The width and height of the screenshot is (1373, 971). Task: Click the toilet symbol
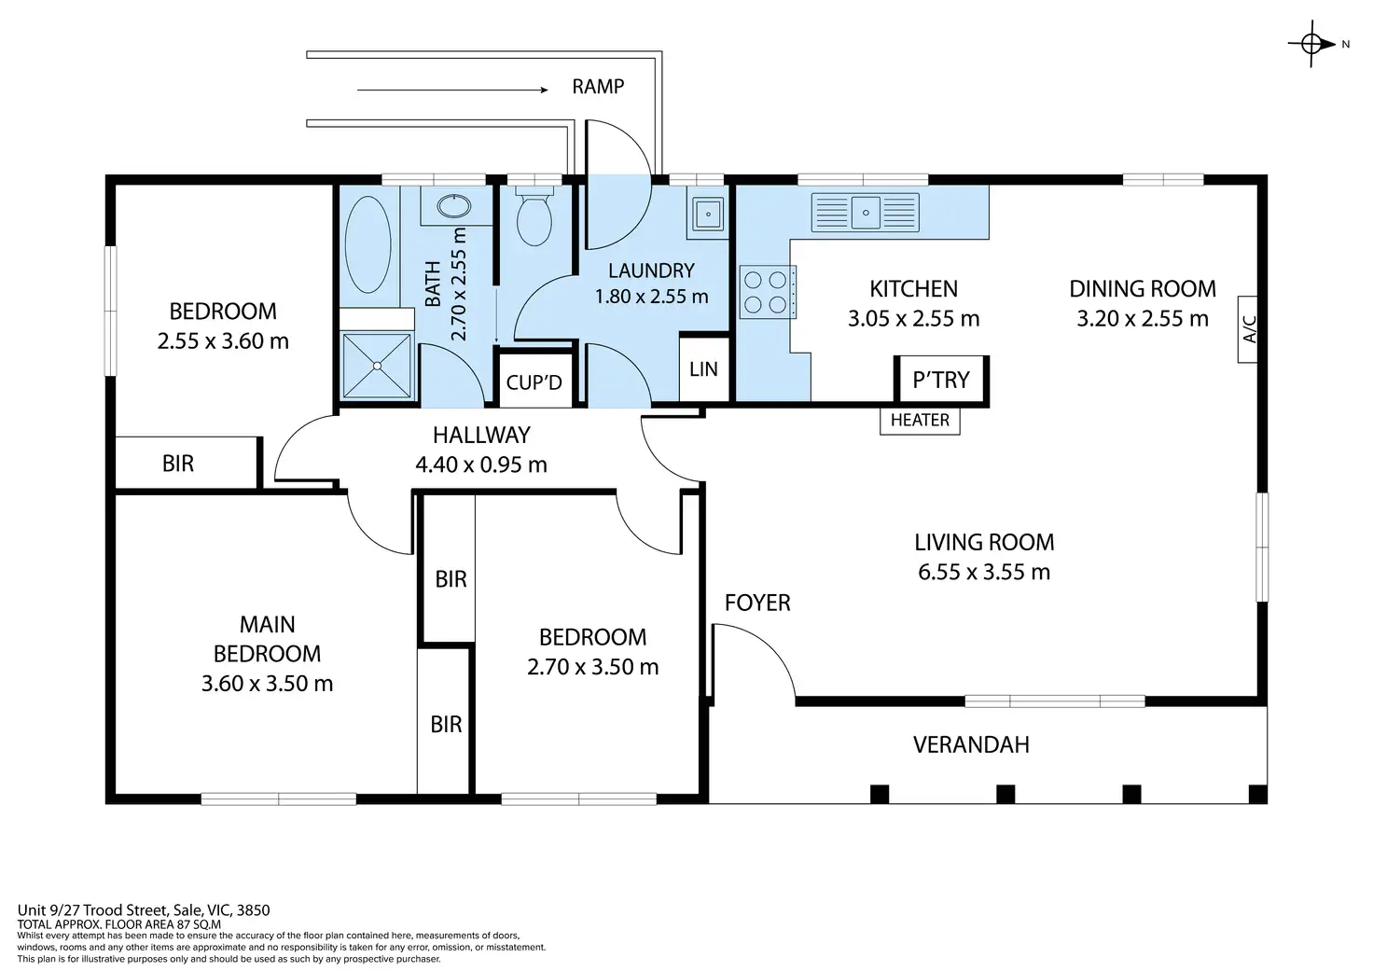coord(534,215)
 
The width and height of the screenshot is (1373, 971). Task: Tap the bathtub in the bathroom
coord(368,244)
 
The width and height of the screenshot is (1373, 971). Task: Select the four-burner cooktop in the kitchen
coord(768,292)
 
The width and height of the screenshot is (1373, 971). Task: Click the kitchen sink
coord(865,213)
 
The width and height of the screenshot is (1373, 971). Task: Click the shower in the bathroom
coord(377,366)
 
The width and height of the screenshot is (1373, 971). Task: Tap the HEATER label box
coord(920,421)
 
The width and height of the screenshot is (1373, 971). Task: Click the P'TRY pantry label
coord(941,380)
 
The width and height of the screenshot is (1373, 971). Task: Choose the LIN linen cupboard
coord(703,369)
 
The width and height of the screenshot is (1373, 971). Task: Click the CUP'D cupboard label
coord(534,382)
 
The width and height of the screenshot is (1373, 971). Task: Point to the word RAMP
coord(598,87)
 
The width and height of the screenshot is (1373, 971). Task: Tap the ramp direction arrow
coord(452,90)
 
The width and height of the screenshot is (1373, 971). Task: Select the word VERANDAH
coord(971,744)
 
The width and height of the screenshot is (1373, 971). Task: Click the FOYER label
coord(757,603)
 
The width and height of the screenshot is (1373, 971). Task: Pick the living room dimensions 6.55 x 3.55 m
coord(984,572)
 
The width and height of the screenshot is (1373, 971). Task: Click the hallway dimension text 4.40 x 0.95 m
coord(481,465)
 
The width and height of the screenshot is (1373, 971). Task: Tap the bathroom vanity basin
coord(453,206)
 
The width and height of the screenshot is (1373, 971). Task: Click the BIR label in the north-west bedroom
coord(178,464)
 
